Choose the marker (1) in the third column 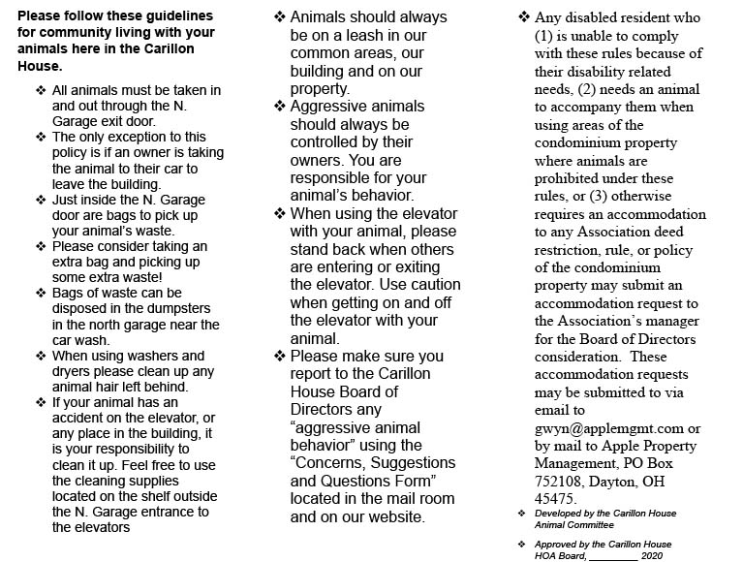tap(545, 36)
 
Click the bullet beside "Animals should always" tap(280, 17)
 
